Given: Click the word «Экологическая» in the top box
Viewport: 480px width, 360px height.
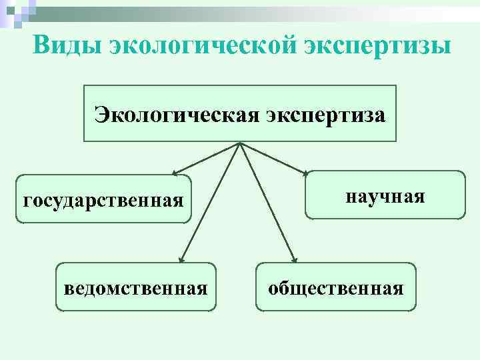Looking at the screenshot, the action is (176, 114).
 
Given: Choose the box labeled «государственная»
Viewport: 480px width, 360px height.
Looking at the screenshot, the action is (103, 199).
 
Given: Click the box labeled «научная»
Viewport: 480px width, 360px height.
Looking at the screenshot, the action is (385, 195).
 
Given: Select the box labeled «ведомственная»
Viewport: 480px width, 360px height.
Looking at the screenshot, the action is (136, 287).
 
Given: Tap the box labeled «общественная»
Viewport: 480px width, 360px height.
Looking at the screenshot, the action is (335, 287).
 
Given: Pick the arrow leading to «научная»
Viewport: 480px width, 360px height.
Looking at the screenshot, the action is (273, 159).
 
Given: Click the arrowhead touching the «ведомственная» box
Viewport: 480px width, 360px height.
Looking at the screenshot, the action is (182, 259).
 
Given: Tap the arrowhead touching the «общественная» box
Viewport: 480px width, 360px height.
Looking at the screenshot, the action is (295, 259).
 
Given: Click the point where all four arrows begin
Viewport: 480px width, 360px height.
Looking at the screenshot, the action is (239, 143).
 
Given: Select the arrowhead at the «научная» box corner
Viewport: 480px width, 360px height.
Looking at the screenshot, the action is (305, 173).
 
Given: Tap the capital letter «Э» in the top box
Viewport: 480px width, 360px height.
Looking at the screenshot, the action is (101, 115).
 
